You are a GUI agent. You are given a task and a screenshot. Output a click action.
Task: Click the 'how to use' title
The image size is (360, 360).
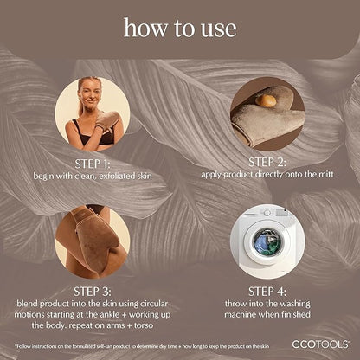point(179,28)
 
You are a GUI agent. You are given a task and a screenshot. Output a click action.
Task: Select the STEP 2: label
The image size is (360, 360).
point(267,160)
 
